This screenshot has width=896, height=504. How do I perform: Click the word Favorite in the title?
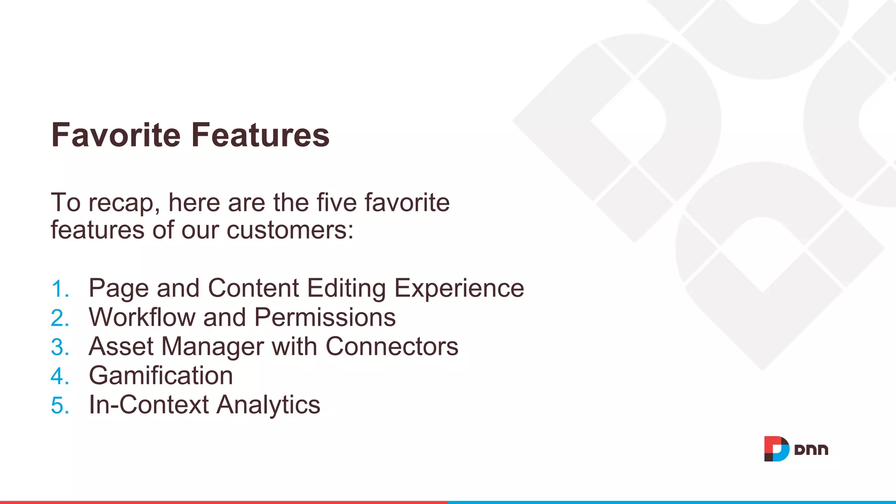click(115, 135)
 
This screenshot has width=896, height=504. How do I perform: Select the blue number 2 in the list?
click(59, 318)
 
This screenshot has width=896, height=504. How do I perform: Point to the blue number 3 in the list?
click(59, 347)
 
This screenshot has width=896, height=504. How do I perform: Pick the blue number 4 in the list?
click(59, 376)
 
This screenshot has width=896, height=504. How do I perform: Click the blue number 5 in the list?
click(59, 406)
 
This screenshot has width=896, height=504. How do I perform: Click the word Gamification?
click(161, 376)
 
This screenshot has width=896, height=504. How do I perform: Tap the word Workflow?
click(142, 317)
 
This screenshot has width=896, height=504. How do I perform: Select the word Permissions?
click(325, 317)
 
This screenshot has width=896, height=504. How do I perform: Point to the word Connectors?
click(392, 346)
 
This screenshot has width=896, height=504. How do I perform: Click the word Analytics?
click(268, 405)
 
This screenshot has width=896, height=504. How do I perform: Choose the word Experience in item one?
click(459, 289)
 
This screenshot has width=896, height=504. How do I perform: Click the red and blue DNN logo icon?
click(776, 449)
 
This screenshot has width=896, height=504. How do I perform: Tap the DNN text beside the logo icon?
click(811, 450)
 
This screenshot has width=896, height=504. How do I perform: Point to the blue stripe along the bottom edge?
click(672, 502)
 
